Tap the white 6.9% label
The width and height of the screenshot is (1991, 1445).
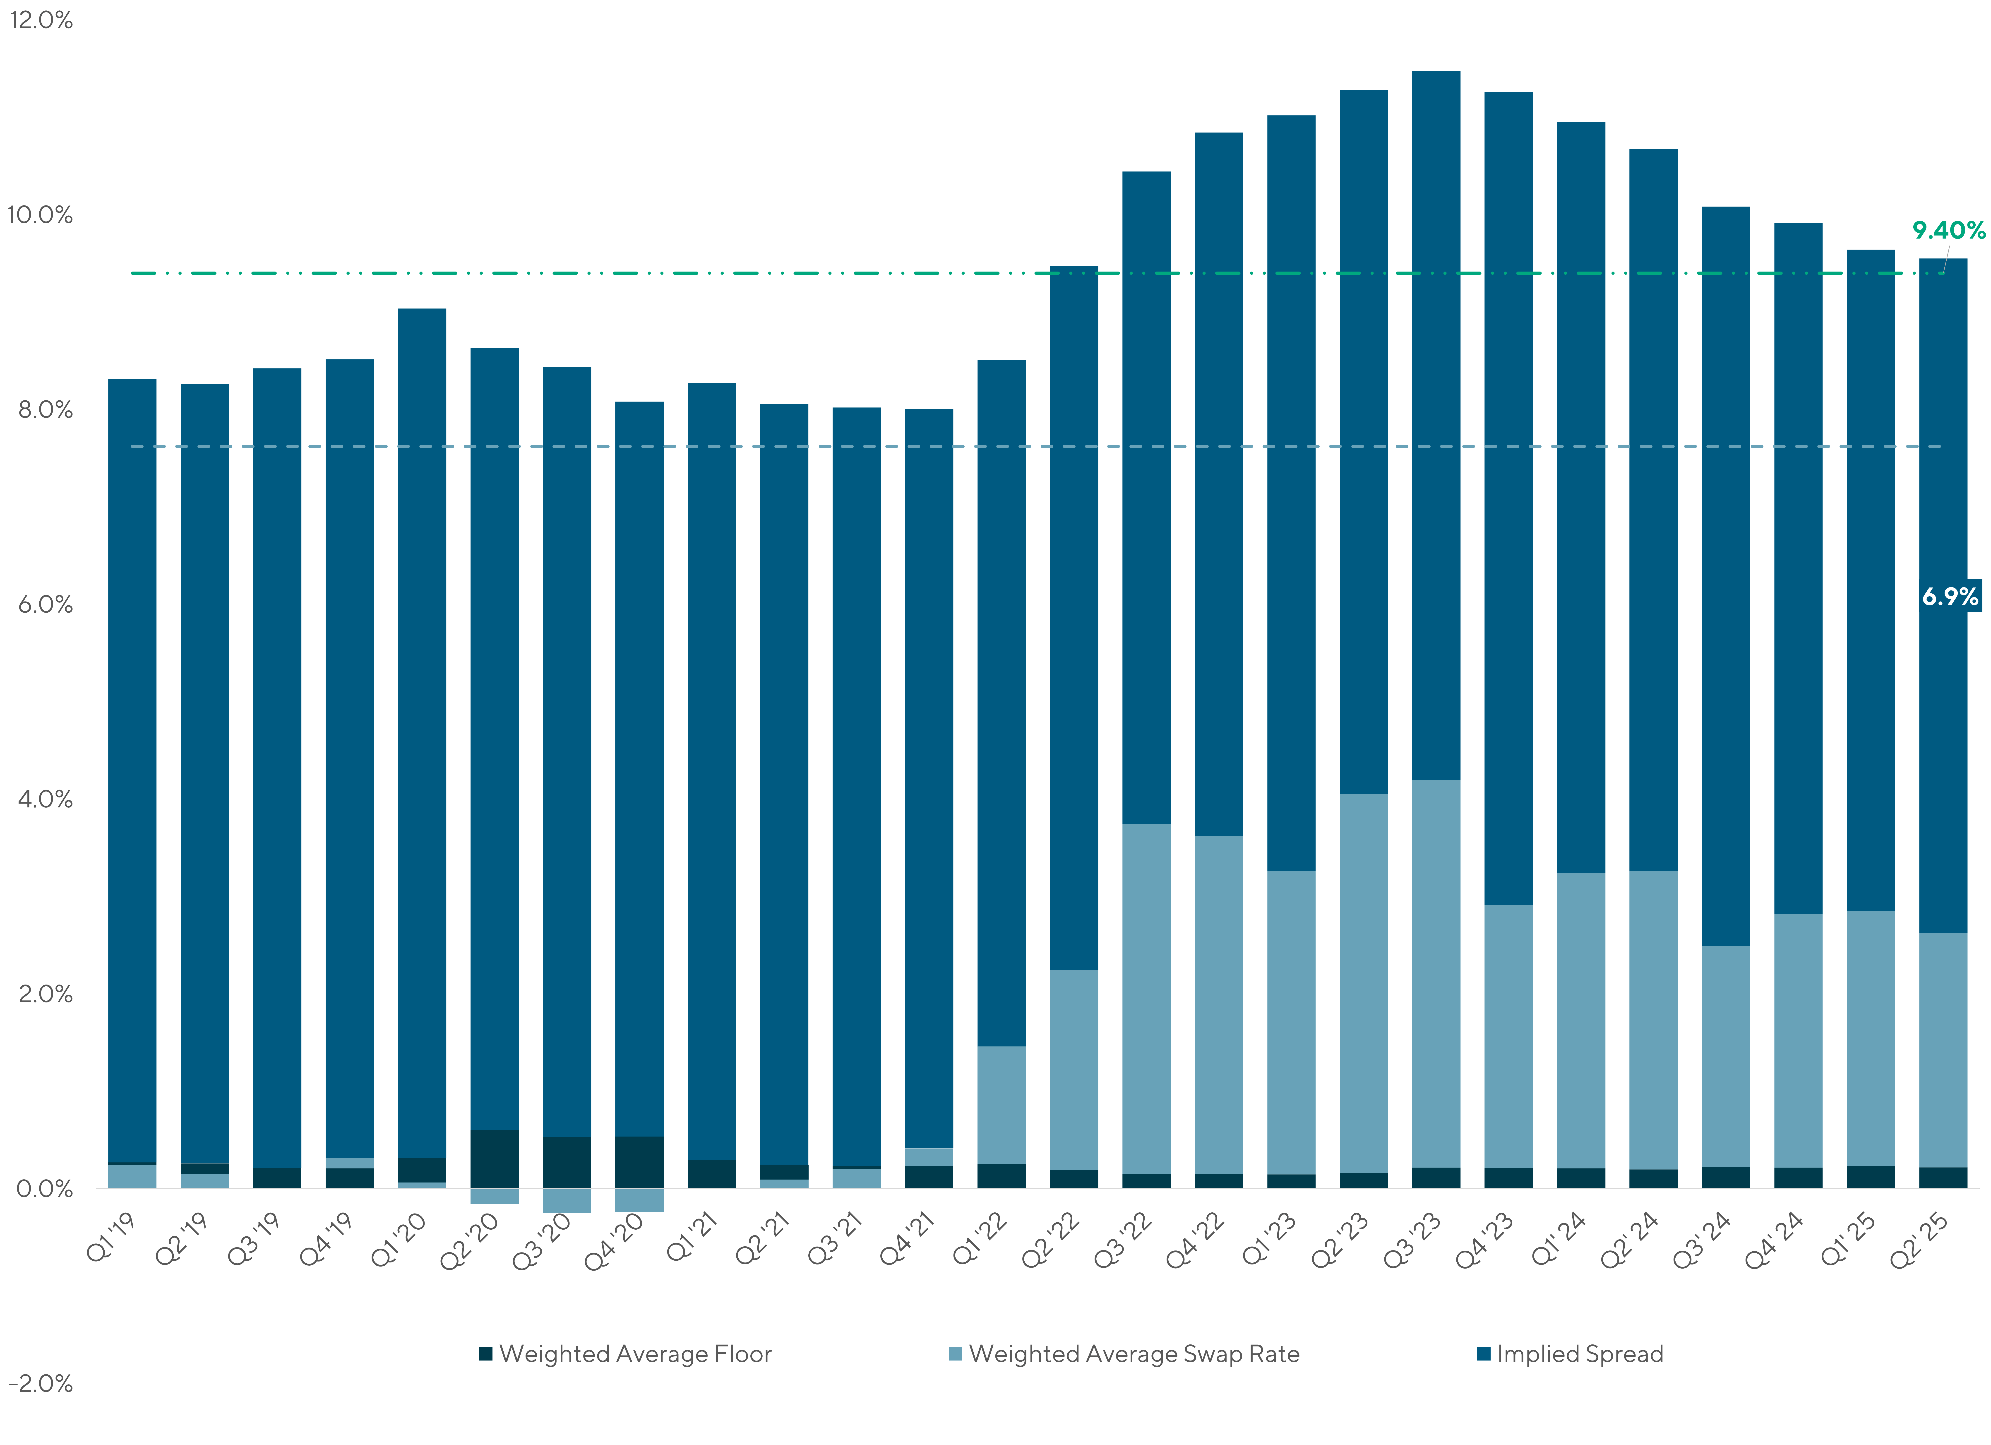click(1950, 597)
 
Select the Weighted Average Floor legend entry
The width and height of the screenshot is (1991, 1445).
click(626, 1354)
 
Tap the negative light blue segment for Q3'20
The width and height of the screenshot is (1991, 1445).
click(567, 1200)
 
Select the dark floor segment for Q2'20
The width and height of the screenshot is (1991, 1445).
click(494, 1159)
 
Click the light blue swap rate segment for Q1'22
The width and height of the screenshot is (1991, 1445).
click(1002, 1104)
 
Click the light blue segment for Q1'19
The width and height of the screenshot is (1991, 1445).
click(132, 1176)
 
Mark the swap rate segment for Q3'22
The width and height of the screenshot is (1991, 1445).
click(1146, 998)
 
